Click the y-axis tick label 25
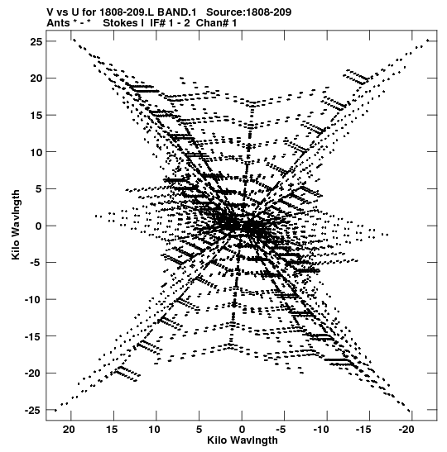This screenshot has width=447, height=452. point(36,42)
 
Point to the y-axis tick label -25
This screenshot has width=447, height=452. point(33,410)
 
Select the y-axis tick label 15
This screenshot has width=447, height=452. point(36,116)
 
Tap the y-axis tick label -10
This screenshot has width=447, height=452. point(33,300)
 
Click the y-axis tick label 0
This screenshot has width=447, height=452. point(39,226)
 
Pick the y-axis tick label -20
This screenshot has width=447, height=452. point(33,373)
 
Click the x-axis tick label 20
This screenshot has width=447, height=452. point(69,430)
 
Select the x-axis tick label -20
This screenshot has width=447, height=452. point(407,430)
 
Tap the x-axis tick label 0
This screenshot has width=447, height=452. point(242,430)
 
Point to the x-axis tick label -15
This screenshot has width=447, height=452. point(364,430)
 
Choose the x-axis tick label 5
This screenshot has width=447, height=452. point(199,430)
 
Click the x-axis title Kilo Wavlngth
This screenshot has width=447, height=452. point(243,440)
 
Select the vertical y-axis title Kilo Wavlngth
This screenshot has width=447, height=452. point(16,225)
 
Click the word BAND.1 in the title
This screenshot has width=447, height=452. point(177,12)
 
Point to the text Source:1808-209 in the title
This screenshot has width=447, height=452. point(249,12)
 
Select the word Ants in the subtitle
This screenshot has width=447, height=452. point(58,23)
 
